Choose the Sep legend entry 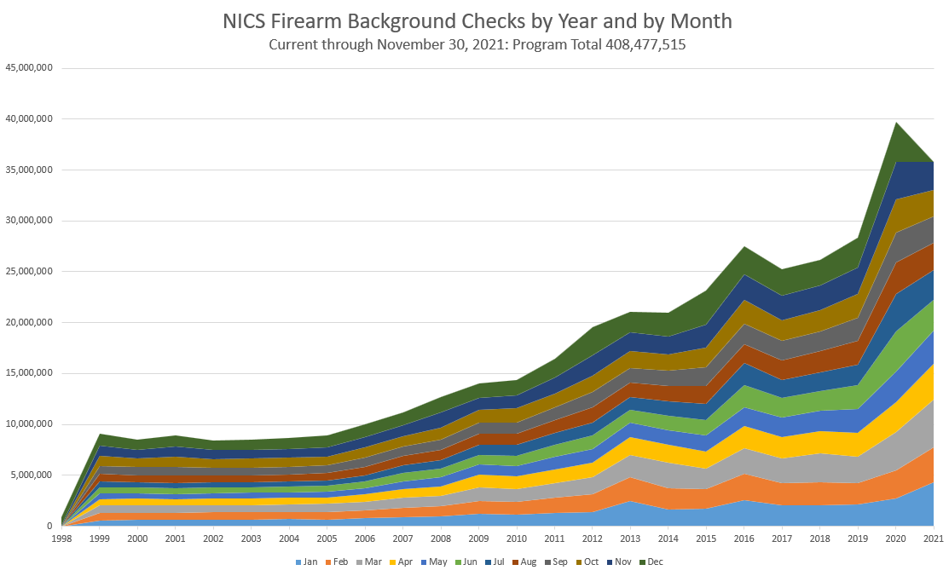(557, 562)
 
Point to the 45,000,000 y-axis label (30, 67)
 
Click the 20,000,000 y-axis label (30, 322)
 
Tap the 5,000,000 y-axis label (32, 475)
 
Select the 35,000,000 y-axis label (30, 170)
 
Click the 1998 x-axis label (62, 539)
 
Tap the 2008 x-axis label (440, 539)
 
